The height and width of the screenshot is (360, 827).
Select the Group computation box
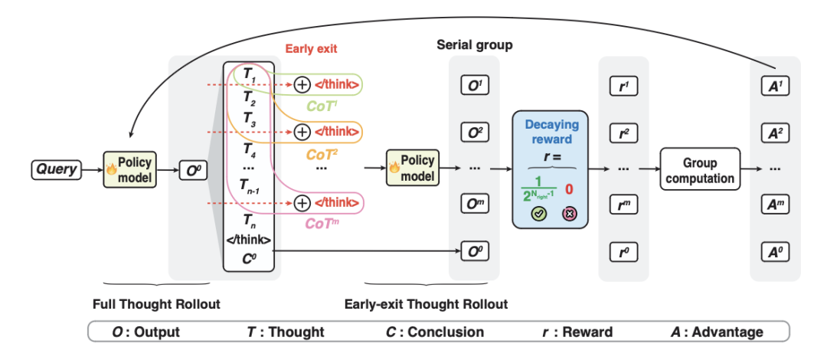700,170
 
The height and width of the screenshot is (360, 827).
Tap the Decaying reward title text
551,132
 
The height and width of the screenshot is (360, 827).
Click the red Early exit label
312,49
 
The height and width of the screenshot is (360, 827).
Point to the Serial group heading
475,45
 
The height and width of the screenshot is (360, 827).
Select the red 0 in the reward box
569,189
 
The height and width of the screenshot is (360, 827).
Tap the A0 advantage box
774,250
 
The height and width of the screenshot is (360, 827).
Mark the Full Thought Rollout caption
156,304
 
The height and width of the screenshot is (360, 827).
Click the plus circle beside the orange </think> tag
302,131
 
